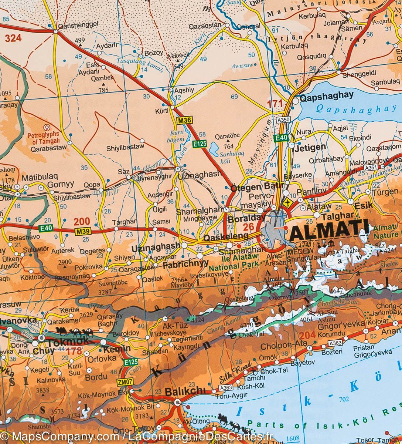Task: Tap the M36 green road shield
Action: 184,120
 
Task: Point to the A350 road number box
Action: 283,120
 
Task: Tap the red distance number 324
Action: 13,38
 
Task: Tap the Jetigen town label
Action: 310,147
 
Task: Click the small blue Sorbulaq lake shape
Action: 214,149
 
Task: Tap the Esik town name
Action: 364,206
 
